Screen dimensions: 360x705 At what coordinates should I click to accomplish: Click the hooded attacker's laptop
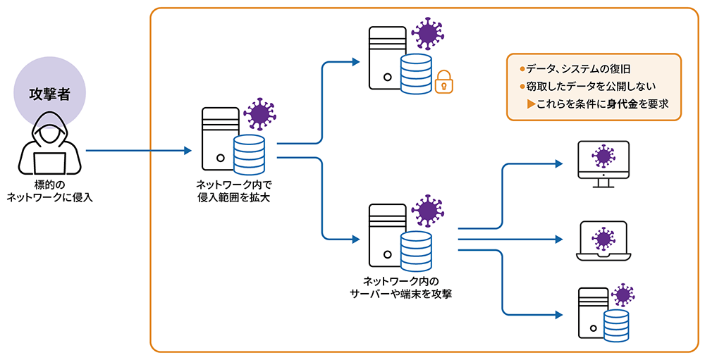[x=49, y=163]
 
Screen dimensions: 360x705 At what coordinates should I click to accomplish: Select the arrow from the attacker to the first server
[x=137, y=150]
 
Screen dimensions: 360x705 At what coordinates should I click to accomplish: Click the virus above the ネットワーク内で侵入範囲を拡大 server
[x=259, y=114]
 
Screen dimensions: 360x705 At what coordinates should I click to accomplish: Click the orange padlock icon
[x=443, y=81]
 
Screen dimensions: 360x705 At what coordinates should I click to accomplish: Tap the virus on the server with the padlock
[x=427, y=34]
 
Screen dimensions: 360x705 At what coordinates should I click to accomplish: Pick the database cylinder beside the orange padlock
[x=415, y=73]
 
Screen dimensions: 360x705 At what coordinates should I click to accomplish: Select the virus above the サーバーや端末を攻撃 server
[x=427, y=211]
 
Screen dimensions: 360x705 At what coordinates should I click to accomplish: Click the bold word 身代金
[x=621, y=104]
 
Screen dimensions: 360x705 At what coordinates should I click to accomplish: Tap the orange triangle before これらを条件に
[x=530, y=104]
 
